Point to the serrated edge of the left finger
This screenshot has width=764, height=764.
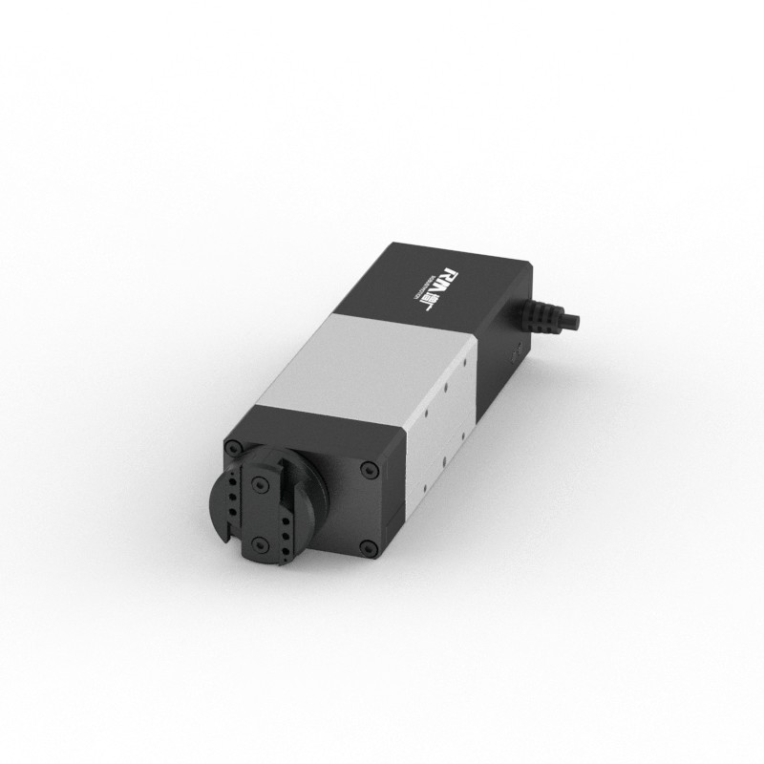pos(243,506)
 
